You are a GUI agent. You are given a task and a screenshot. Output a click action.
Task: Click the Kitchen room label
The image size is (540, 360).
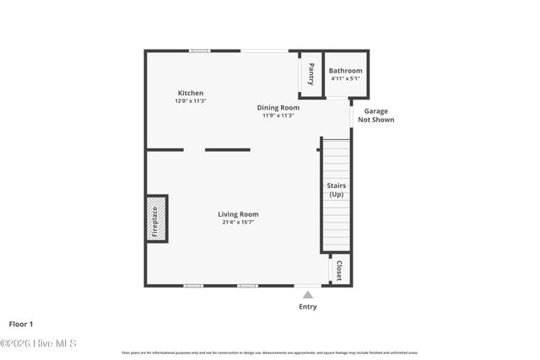pyautogui.click(x=190, y=93)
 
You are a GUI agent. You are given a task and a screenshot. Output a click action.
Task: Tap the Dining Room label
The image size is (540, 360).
pyautogui.click(x=278, y=107)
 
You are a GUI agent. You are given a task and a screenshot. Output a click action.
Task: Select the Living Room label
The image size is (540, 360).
pyautogui.click(x=238, y=214)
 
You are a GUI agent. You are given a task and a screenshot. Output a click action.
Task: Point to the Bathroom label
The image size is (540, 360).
pyautogui.click(x=345, y=71)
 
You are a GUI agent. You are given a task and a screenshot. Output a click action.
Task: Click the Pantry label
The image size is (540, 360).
pyautogui.click(x=311, y=73)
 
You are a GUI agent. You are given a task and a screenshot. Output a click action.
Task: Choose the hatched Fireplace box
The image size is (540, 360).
pyautogui.click(x=156, y=219)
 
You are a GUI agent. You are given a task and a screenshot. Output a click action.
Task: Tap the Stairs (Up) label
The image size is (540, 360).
pyautogui.click(x=336, y=190)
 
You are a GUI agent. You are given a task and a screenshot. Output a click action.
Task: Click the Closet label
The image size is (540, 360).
pyautogui.click(x=339, y=270)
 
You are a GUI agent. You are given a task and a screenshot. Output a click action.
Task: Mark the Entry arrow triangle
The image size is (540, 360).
pyautogui.click(x=308, y=294)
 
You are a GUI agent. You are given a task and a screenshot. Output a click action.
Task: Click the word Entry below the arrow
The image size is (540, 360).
pyautogui.click(x=308, y=307)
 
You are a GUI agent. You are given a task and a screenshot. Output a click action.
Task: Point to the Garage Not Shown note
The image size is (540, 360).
pyautogui.click(x=375, y=115)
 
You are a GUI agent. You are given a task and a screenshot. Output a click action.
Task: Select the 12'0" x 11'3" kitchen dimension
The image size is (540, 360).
pyautogui.click(x=190, y=101)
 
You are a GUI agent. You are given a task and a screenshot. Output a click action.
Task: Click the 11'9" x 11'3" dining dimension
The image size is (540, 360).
pyautogui.click(x=278, y=116)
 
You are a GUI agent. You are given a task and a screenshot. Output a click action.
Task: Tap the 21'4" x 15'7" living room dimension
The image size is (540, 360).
pyautogui.click(x=238, y=223)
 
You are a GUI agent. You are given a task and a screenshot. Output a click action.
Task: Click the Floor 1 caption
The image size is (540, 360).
pyautogui.click(x=21, y=324)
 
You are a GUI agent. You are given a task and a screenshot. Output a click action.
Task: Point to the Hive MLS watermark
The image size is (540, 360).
pyautogui.click(x=38, y=343)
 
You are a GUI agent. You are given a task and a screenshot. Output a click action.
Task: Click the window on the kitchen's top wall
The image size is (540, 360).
pyautogui.click(x=199, y=51)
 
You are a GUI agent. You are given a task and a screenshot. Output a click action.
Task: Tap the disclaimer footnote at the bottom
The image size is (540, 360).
pyautogui.click(x=270, y=352)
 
